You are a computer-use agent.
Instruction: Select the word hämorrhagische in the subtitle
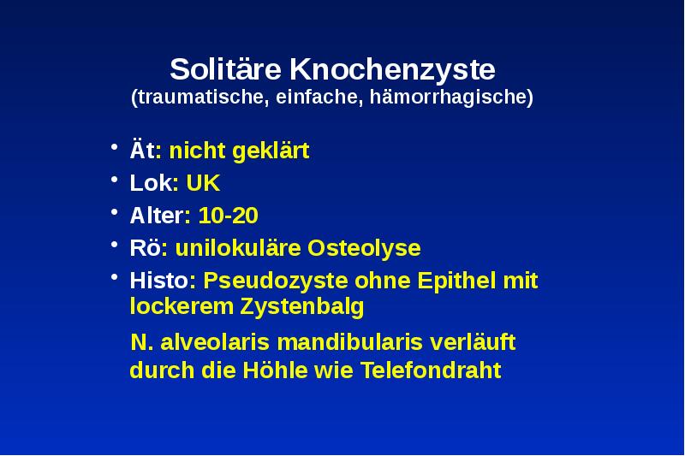coord(453,97)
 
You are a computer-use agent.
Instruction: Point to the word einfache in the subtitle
coord(321,97)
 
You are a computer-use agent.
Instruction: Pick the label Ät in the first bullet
coord(142,151)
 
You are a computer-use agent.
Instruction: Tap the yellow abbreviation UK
coord(203,184)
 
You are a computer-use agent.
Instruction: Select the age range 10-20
coord(228,216)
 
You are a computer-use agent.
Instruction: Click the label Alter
coord(156,216)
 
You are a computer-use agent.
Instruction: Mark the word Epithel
coord(458,281)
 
